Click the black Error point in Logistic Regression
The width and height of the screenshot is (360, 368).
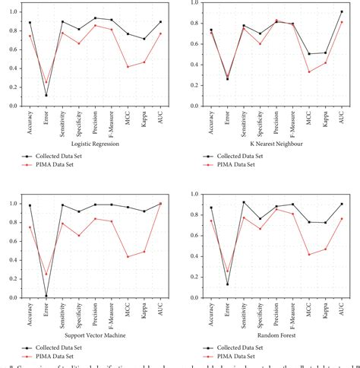(x=46, y=95)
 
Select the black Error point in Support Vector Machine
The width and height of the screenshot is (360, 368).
(x=46, y=296)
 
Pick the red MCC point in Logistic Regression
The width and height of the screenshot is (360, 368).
(x=128, y=67)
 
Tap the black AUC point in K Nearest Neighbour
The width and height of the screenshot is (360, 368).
(x=342, y=11)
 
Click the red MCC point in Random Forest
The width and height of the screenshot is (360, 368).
(x=309, y=254)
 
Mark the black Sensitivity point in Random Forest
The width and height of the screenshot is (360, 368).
(x=244, y=202)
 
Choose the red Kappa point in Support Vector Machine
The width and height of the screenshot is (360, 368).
(x=144, y=252)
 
